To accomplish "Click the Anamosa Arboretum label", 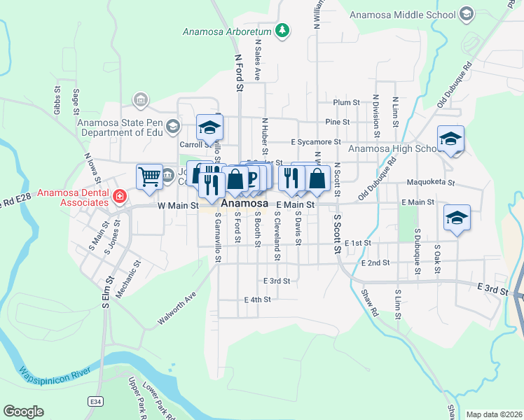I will point(226,31).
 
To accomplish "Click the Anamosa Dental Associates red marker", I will point(120,197).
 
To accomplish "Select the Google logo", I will point(23,412).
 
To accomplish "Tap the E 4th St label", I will point(257,299).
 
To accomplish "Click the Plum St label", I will point(346,102).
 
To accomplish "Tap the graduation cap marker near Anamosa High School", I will point(450,139).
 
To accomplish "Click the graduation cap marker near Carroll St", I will point(209,127).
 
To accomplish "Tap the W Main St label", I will point(179,205).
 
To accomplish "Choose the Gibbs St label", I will point(57,99).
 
